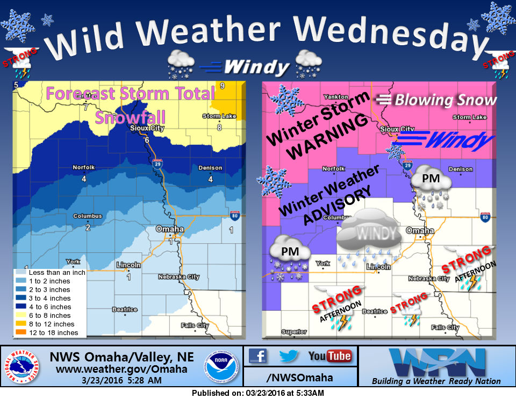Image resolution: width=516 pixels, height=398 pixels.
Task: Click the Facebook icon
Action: [x=259, y=356]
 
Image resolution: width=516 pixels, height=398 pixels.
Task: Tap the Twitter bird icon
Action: [x=288, y=356]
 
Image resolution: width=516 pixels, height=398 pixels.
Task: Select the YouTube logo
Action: [x=329, y=356]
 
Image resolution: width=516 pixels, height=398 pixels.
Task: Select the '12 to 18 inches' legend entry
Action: [x=47, y=333]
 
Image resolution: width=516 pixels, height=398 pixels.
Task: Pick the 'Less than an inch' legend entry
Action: [x=50, y=272]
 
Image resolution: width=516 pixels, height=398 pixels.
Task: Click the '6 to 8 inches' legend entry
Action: [x=47, y=316]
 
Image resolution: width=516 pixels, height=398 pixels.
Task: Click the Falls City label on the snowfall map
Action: [x=195, y=325]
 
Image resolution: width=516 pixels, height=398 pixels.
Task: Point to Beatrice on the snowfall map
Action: [x=125, y=309]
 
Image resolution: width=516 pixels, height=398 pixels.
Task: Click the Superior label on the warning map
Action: [x=293, y=332]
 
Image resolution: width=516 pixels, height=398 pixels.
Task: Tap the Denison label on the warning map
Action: [x=461, y=169]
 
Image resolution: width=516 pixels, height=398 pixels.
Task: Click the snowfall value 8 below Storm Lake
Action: [x=219, y=127]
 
